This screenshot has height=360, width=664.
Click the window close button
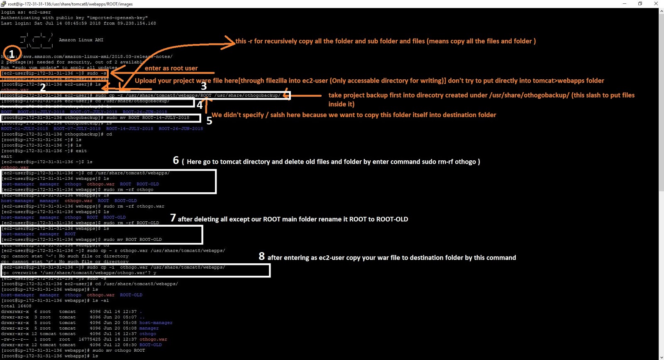click(656, 3)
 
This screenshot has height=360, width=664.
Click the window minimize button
click(625, 3)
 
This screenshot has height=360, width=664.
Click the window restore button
click(640, 3)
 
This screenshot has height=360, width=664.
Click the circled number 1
click(12, 54)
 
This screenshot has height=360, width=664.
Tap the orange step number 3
click(204, 86)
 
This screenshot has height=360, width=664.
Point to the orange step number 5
click(209, 121)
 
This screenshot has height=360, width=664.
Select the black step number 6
click(176, 160)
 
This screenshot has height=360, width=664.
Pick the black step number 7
click(173, 218)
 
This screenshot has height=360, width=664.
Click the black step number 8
click(261, 256)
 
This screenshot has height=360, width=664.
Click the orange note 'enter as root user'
click(171, 68)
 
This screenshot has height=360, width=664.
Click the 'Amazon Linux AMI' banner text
click(81, 40)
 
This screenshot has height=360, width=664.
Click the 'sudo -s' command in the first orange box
click(96, 73)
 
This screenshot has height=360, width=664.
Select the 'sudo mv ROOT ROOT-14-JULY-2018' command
click(147, 118)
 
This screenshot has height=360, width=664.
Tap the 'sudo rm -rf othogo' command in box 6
click(128, 190)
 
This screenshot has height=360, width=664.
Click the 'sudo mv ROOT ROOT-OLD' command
click(132, 240)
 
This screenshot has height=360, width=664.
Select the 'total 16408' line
click(16, 306)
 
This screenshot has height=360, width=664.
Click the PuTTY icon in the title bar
click(3, 4)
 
